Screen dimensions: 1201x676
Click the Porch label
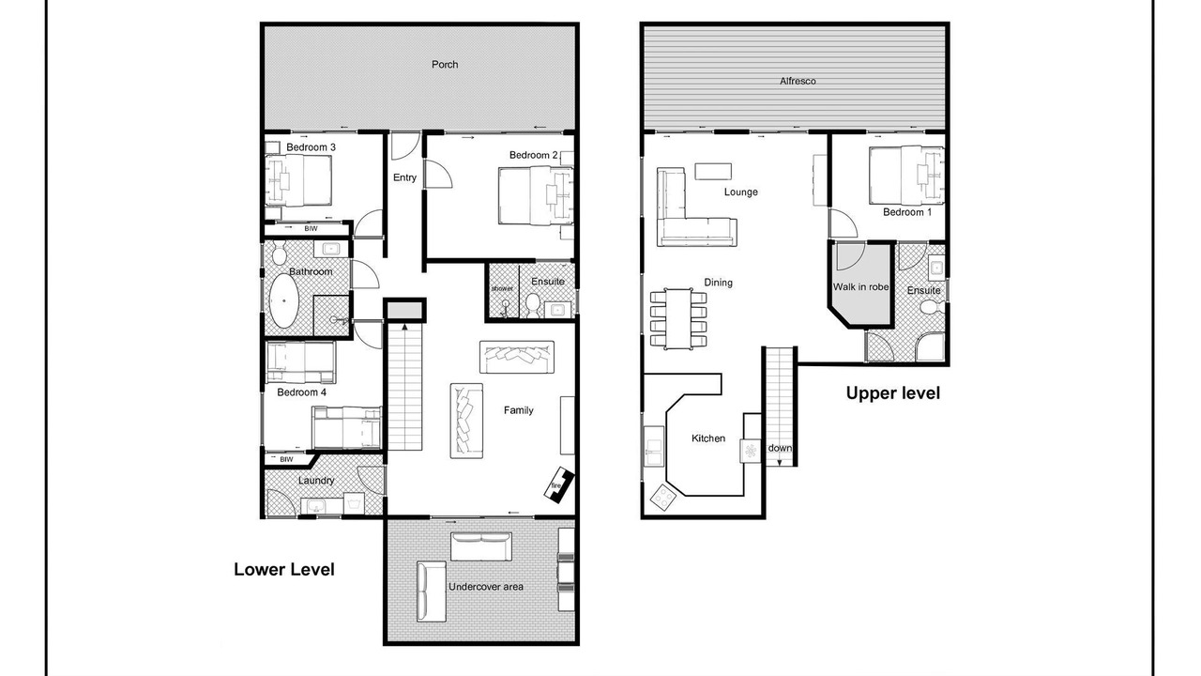pos(445,65)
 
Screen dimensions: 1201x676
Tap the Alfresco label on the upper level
pos(798,81)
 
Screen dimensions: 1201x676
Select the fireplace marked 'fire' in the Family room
pos(558,484)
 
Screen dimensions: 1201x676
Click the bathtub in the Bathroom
pos(282,301)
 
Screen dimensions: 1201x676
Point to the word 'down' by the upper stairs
pos(779,448)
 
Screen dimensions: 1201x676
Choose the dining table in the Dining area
pos(678,318)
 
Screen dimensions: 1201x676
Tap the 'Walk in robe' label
pos(860,287)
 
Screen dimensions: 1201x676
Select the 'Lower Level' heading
pos(283,569)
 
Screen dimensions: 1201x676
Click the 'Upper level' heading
pos(892,393)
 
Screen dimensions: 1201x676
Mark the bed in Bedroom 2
pos(536,195)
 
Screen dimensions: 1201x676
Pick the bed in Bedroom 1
pos(905,175)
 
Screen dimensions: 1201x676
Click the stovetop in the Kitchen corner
pos(663,498)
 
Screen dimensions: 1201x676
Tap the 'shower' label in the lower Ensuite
pos(502,288)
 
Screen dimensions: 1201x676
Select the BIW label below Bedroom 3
pos(311,228)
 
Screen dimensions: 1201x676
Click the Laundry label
pos(316,480)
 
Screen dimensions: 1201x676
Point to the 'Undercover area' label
pos(486,587)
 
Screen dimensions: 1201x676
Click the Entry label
pos(404,177)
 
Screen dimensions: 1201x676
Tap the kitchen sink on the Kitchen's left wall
pos(653,445)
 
